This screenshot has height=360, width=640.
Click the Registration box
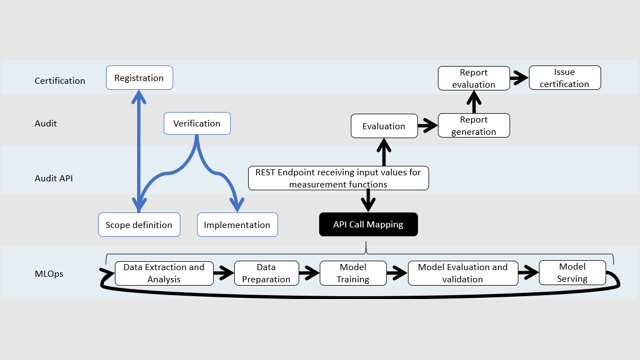139,78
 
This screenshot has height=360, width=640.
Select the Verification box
197,123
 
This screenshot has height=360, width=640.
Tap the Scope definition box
139,225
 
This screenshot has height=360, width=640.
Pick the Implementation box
237,225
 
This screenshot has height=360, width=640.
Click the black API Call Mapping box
368,225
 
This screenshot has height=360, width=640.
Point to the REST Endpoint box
338,178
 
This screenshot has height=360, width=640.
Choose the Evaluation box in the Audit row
384,126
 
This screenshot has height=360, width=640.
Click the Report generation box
473,125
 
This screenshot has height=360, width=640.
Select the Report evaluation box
473,78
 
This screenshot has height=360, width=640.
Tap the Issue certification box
565,78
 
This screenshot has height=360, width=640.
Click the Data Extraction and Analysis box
164,273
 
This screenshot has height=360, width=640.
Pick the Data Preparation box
266,273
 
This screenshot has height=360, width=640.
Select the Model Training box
353,273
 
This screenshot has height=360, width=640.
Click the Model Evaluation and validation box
463,273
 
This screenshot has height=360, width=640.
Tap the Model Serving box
572,273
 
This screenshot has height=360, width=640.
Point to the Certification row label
60,80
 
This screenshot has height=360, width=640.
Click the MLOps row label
49,273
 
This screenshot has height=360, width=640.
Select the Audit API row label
54,178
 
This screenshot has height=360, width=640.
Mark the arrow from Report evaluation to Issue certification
519,78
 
